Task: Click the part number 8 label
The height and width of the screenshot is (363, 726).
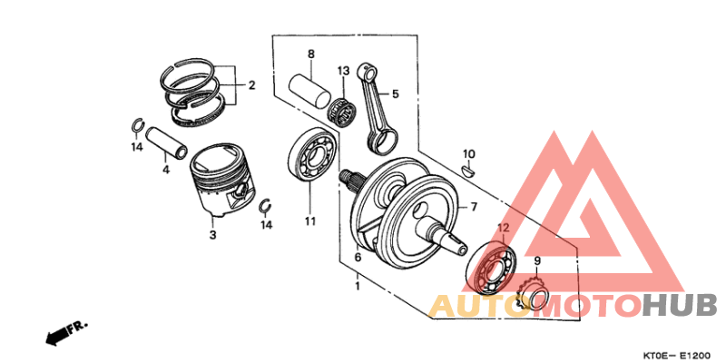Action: (309, 54)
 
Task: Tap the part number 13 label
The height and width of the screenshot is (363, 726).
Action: (343, 71)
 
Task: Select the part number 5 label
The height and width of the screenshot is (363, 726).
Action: (395, 93)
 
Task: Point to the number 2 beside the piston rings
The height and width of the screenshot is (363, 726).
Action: (251, 85)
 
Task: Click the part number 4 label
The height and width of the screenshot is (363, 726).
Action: (166, 169)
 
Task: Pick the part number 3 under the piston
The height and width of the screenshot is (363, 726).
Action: (212, 236)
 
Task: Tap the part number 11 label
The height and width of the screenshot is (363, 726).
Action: (309, 221)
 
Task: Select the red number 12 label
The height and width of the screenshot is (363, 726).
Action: (504, 229)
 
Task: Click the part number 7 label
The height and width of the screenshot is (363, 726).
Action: (472, 208)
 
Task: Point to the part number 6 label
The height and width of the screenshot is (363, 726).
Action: (358, 258)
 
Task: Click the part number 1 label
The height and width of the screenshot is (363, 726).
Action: (358, 286)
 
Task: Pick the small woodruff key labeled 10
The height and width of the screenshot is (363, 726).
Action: (468, 169)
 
